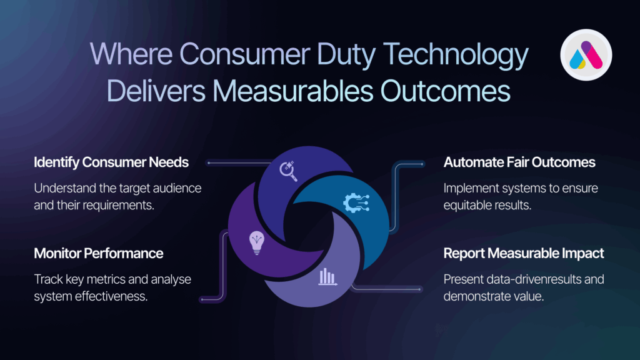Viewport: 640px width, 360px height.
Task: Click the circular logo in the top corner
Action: (x=586, y=55)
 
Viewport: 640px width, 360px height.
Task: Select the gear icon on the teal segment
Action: (x=356, y=203)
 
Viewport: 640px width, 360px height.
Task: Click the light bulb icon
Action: (x=257, y=243)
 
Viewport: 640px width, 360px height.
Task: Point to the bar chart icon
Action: (x=327, y=277)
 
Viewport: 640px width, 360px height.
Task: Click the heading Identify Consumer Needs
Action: (x=111, y=162)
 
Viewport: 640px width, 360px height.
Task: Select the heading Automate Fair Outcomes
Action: (x=519, y=162)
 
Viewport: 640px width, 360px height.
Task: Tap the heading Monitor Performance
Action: (x=98, y=254)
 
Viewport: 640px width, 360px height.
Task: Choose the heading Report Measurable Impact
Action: (x=524, y=254)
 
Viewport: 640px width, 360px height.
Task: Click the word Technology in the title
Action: (x=456, y=55)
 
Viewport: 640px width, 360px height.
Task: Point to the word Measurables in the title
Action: (x=292, y=91)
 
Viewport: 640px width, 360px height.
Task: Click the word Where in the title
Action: (x=131, y=54)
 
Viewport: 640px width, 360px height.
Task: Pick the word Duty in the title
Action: (x=346, y=56)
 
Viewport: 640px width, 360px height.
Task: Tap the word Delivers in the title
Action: (x=156, y=91)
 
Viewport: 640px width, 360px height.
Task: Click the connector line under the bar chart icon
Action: (x=386, y=289)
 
